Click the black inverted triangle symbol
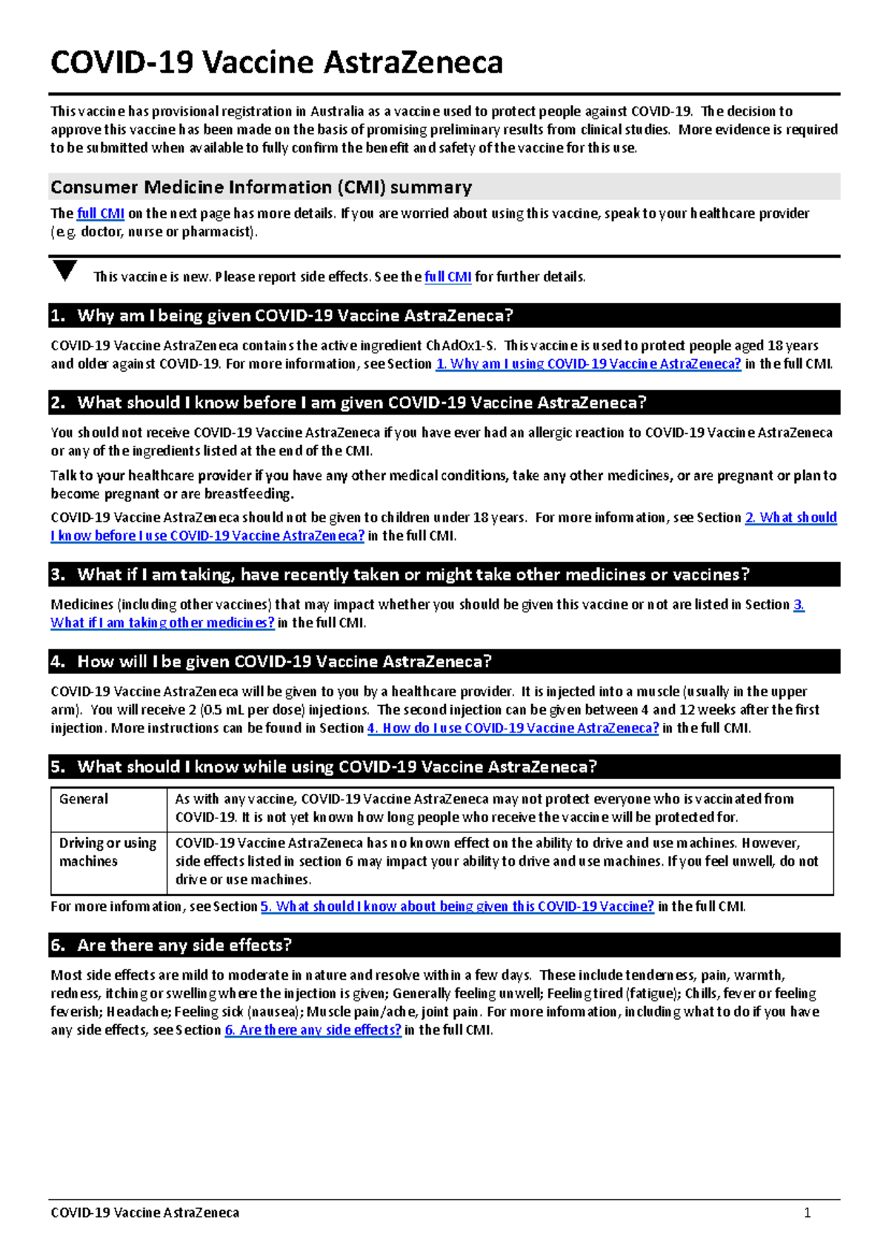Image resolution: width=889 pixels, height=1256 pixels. point(65,270)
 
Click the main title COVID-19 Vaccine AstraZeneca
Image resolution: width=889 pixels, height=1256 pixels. point(276,62)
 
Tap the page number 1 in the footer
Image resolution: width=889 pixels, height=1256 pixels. point(807,1212)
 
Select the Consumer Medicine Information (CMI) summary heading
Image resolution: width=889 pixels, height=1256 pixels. point(261,187)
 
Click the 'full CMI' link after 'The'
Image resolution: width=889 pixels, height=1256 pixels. point(100,213)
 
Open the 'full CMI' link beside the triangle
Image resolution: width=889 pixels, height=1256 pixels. point(447,277)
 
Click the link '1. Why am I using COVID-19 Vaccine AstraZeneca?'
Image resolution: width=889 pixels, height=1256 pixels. point(587,364)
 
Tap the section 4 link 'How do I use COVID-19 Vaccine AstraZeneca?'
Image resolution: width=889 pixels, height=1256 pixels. point(513,728)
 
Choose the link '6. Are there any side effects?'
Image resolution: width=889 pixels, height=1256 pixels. point(313,1030)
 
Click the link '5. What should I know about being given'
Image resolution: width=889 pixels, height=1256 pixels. point(457,906)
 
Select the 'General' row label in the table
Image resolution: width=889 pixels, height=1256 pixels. point(84,799)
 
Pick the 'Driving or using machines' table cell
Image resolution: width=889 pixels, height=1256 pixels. point(107,852)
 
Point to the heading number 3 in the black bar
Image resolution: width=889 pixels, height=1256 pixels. point(57,575)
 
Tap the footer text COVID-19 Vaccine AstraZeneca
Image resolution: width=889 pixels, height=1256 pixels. point(144,1212)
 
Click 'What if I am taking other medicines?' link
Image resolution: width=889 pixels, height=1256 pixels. point(162,623)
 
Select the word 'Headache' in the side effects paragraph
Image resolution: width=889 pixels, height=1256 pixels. point(137,1012)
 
